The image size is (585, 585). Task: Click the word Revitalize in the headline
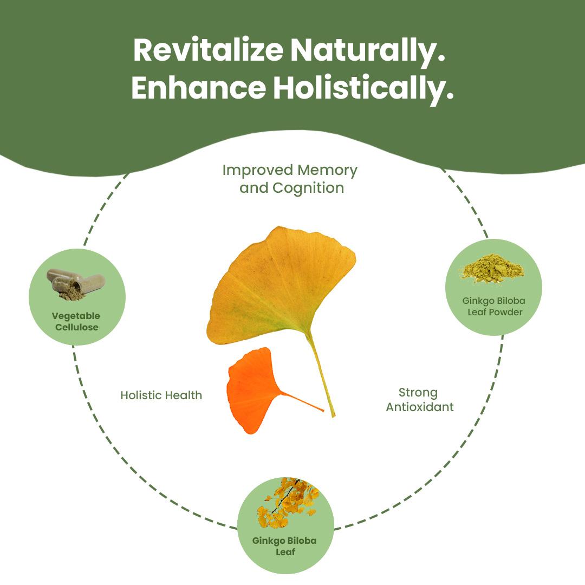point(208,50)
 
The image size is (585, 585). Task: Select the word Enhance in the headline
point(198,88)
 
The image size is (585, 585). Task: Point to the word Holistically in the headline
point(363,90)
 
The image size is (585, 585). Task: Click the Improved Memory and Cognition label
point(290,179)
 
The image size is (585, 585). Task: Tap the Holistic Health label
point(161,395)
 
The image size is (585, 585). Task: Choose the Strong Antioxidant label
point(420,400)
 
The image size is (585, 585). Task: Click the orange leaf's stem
point(302,401)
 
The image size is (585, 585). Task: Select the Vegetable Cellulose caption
point(76,322)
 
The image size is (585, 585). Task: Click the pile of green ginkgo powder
point(493,268)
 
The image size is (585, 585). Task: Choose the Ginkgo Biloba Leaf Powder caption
point(494,306)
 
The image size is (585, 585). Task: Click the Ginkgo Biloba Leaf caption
point(284,546)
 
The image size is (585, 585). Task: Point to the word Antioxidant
point(420,407)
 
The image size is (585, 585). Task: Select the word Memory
point(328,171)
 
